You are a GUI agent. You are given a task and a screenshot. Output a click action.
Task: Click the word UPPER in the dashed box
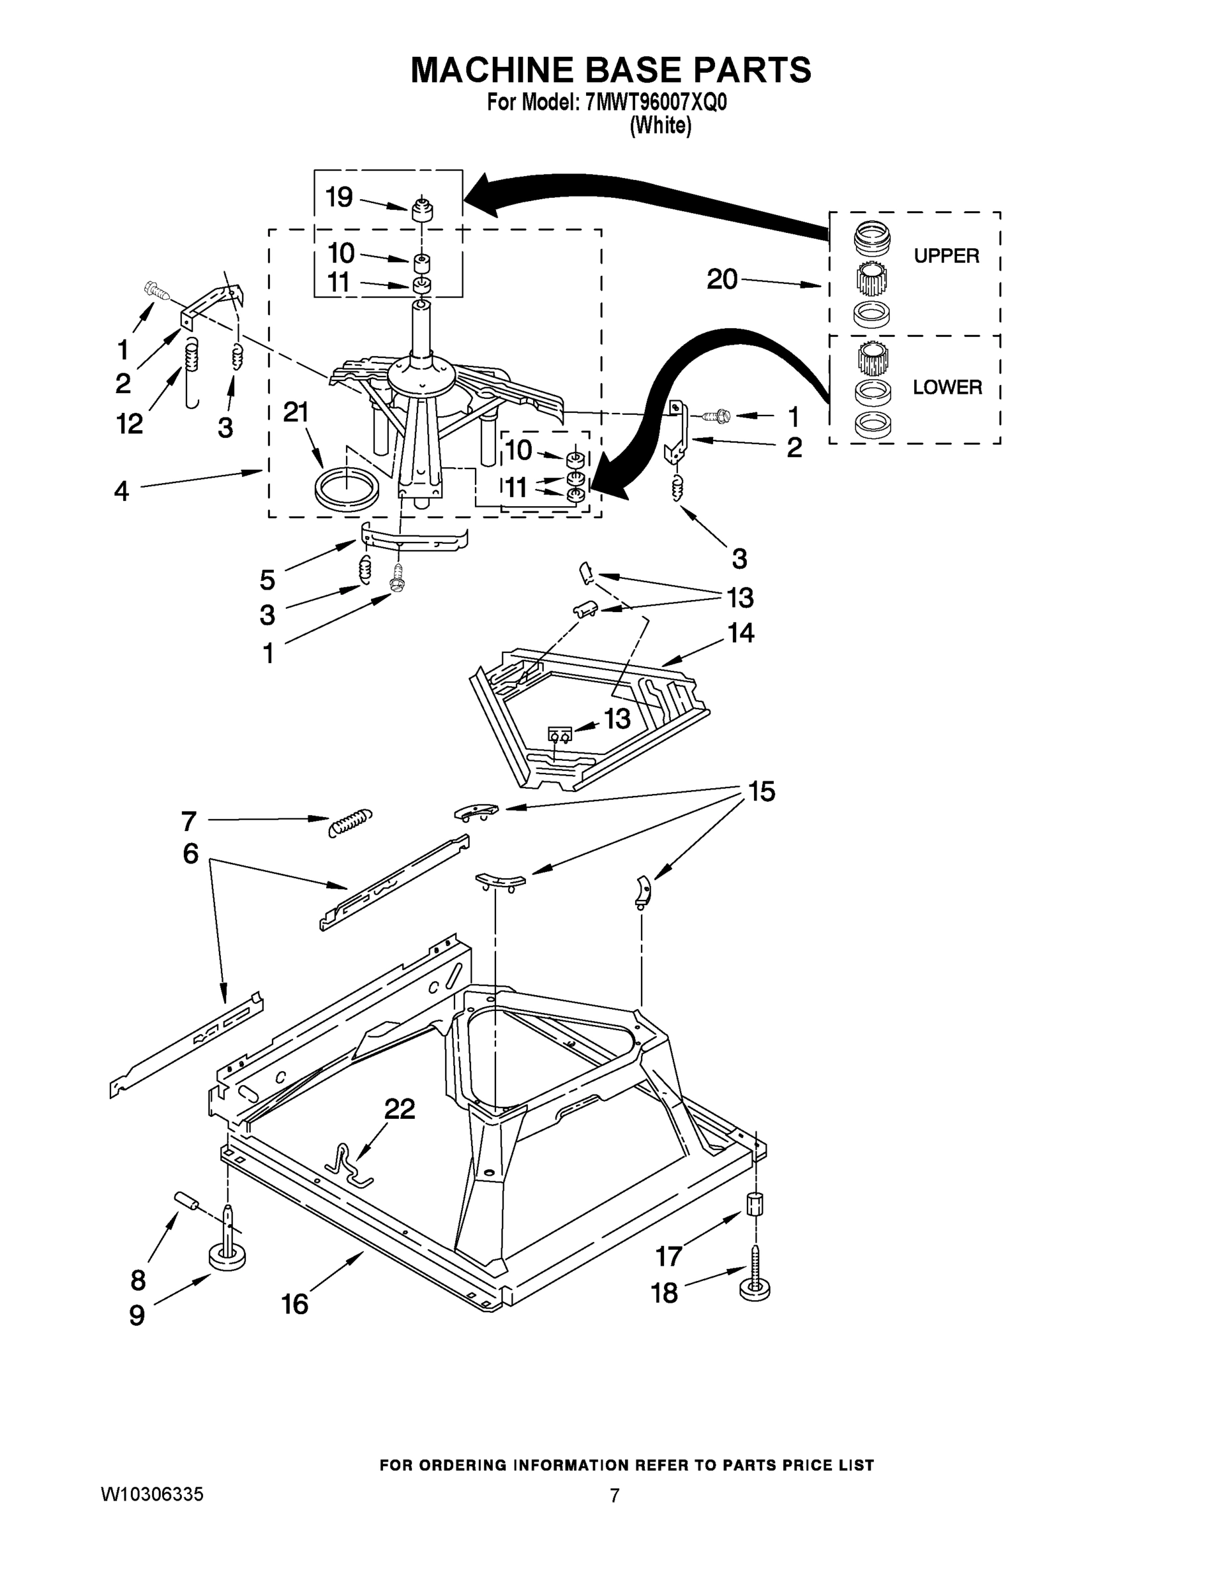click(x=946, y=256)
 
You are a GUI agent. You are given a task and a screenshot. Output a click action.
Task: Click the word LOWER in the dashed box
click(x=947, y=387)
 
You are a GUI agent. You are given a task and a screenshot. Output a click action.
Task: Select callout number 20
click(x=722, y=279)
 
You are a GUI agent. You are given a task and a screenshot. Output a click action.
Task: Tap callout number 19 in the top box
click(x=339, y=197)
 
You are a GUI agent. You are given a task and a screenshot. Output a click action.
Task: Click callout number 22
click(x=400, y=1109)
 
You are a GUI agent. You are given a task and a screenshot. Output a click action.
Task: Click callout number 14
click(x=741, y=633)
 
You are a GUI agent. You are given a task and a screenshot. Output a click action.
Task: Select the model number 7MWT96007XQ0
click(x=655, y=103)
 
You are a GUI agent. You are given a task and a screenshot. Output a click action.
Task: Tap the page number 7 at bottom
click(x=614, y=1495)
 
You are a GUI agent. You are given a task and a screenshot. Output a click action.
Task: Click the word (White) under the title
click(x=660, y=125)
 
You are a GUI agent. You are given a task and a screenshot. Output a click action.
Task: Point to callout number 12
click(x=130, y=424)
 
